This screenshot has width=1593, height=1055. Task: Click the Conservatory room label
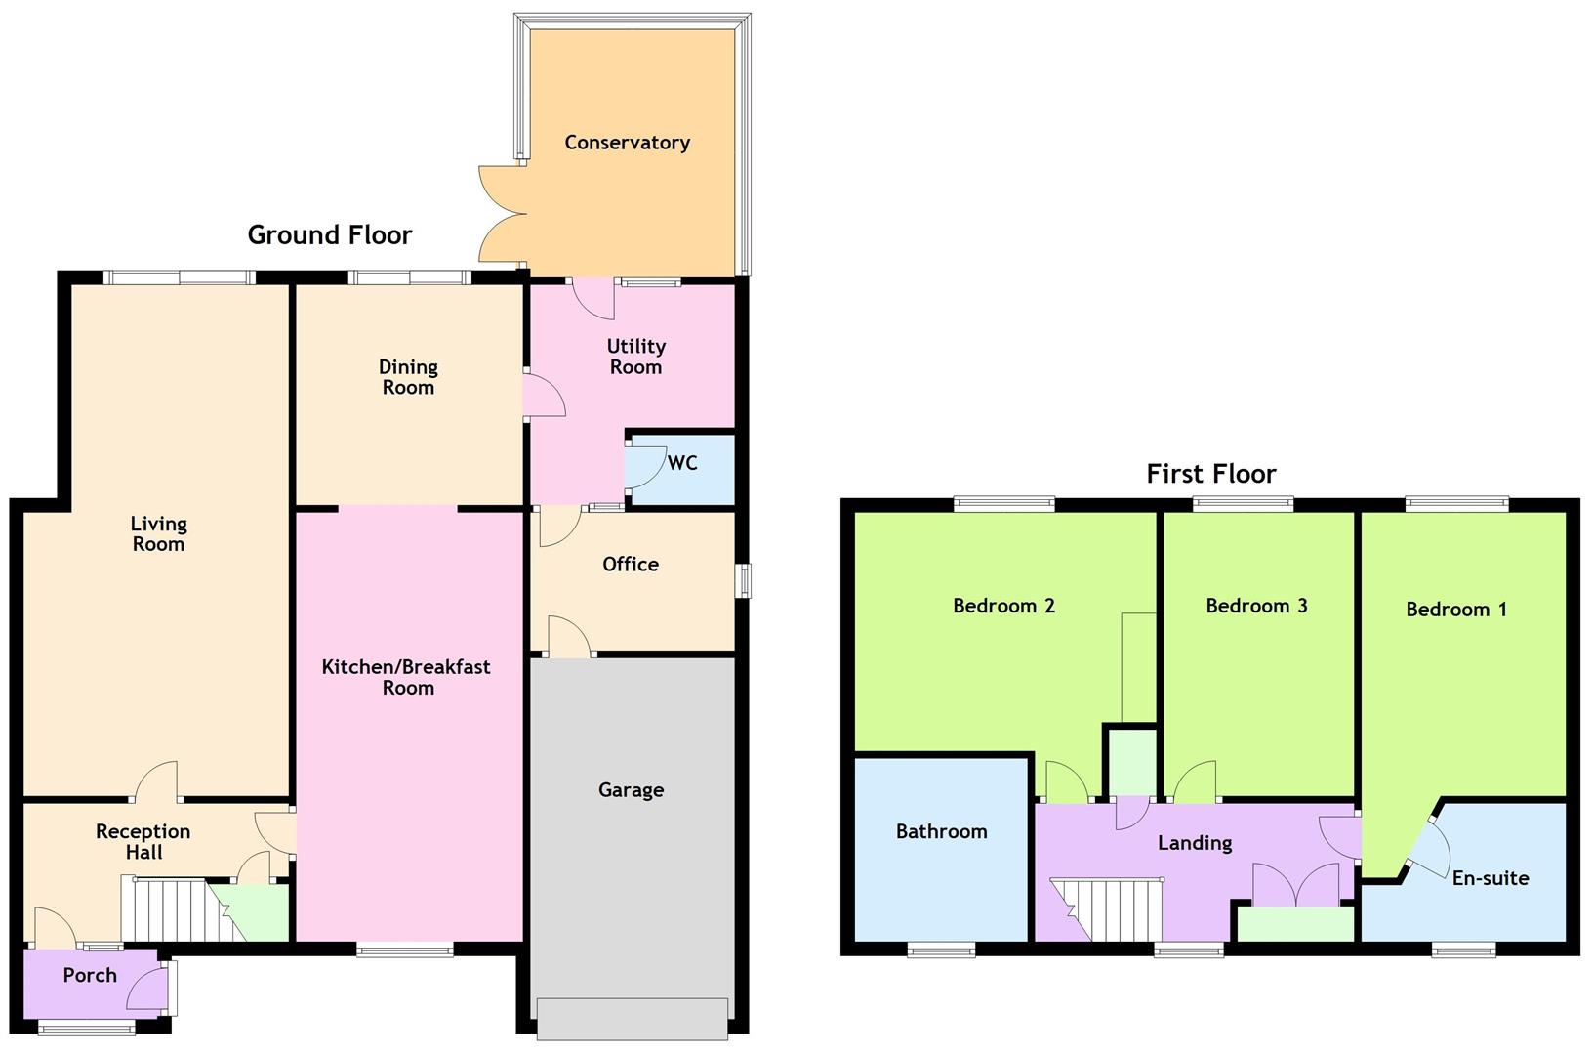627,143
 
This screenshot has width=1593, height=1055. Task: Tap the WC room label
682,463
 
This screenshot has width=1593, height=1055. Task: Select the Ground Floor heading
330,235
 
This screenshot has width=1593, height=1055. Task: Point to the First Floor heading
1210,474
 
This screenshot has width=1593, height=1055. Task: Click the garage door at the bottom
632,1019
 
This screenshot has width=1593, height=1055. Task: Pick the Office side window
745,580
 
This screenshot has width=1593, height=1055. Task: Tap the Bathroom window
941,949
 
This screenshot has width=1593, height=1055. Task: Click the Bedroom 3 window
1243,504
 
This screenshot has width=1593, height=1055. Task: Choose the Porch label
90,975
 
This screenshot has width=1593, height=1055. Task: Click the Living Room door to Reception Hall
157,781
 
